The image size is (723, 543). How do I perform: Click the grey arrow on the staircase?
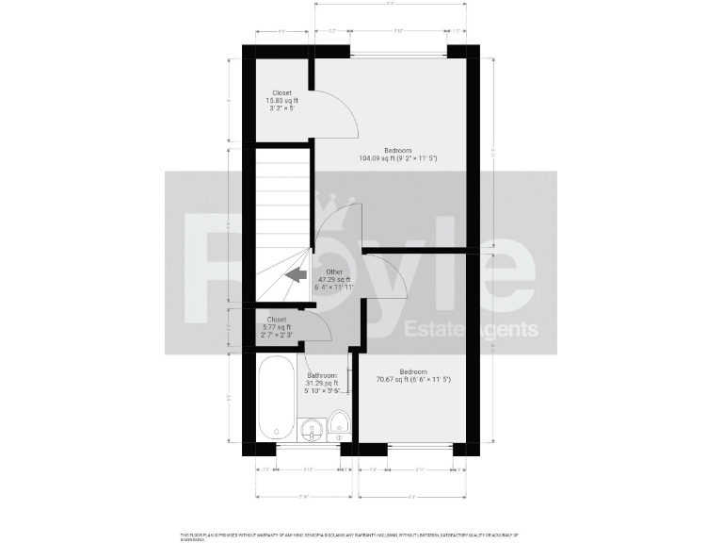(297, 275)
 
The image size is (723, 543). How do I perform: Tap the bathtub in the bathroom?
(277, 397)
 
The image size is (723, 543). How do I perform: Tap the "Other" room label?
(334, 271)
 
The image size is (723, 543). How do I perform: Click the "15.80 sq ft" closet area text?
(281, 101)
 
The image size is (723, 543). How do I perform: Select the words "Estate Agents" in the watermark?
(471, 329)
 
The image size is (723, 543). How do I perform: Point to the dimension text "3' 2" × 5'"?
(281, 108)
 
